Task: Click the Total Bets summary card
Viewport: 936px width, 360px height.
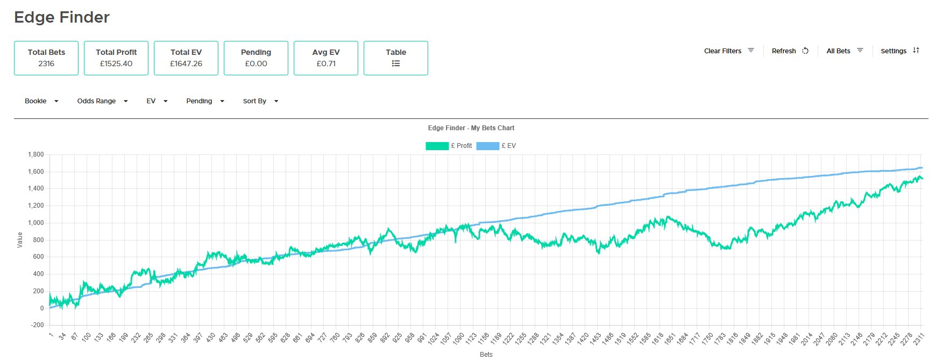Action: pyautogui.click(x=46, y=58)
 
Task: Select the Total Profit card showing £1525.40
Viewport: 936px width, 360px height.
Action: pyautogui.click(x=116, y=58)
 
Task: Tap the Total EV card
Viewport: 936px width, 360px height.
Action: pyautogui.click(x=186, y=58)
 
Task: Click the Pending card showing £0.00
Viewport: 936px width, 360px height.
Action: pyautogui.click(x=256, y=58)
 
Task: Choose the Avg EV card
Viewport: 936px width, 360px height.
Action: pyautogui.click(x=326, y=58)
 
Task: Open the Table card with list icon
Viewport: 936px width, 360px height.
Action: pyautogui.click(x=396, y=58)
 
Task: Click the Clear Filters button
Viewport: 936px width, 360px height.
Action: pyautogui.click(x=729, y=51)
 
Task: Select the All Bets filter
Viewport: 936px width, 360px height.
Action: pyautogui.click(x=845, y=51)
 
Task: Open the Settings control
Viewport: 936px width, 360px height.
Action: pyautogui.click(x=900, y=51)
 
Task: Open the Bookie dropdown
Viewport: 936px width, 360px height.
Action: pyautogui.click(x=41, y=101)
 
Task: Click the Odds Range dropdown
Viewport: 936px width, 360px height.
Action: pyautogui.click(x=102, y=101)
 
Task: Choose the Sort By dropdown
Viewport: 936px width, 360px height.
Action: pyautogui.click(x=260, y=101)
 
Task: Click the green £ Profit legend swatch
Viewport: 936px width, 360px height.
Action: pyautogui.click(x=437, y=146)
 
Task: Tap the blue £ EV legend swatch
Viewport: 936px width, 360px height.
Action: pyautogui.click(x=487, y=146)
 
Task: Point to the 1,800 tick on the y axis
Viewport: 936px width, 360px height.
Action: pyautogui.click(x=36, y=154)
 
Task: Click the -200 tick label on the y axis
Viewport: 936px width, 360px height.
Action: pyautogui.click(x=37, y=325)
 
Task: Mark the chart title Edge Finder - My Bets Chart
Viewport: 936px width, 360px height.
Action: pyautogui.click(x=471, y=128)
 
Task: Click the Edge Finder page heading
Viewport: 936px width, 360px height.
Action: pyautogui.click(x=62, y=17)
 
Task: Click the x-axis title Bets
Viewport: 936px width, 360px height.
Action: pyautogui.click(x=486, y=355)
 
